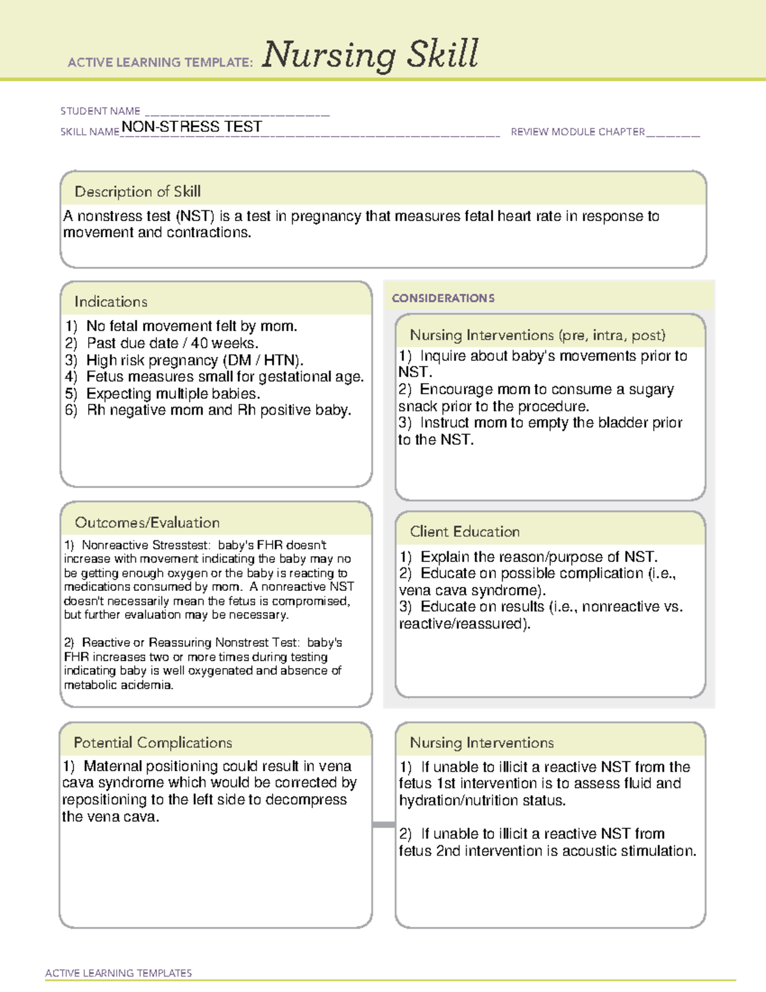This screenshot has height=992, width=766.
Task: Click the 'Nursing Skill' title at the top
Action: pyautogui.click(x=370, y=54)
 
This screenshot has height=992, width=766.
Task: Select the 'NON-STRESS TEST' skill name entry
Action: pyautogui.click(x=191, y=126)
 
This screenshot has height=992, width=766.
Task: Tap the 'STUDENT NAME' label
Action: pyautogui.click(x=100, y=111)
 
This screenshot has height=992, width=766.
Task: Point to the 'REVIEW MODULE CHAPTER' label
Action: pyautogui.click(x=578, y=132)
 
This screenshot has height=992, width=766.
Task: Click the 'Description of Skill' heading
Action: pyautogui.click(x=137, y=191)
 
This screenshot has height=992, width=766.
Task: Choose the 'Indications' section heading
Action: pyautogui.click(x=110, y=301)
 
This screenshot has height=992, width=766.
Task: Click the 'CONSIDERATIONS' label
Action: pyautogui.click(x=443, y=298)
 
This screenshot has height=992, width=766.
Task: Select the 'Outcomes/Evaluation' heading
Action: pyautogui.click(x=147, y=523)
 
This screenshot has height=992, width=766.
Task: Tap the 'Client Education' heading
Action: pyautogui.click(x=465, y=531)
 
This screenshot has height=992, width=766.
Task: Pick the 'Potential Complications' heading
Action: pyautogui.click(x=153, y=742)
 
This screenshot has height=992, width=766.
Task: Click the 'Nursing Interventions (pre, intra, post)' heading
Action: pyautogui.click(x=537, y=335)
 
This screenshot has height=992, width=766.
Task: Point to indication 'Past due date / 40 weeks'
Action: pyautogui.click(x=172, y=343)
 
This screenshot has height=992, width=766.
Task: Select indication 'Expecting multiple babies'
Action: pyautogui.click(x=173, y=393)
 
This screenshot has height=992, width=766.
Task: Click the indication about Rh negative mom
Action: pyautogui.click(x=218, y=410)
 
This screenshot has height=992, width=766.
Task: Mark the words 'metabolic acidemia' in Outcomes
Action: pyautogui.click(x=118, y=685)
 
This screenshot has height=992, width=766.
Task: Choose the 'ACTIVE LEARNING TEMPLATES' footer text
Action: pyautogui.click(x=119, y=973)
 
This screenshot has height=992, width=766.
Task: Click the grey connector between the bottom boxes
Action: pyautogui.click(x=383, y=825)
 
